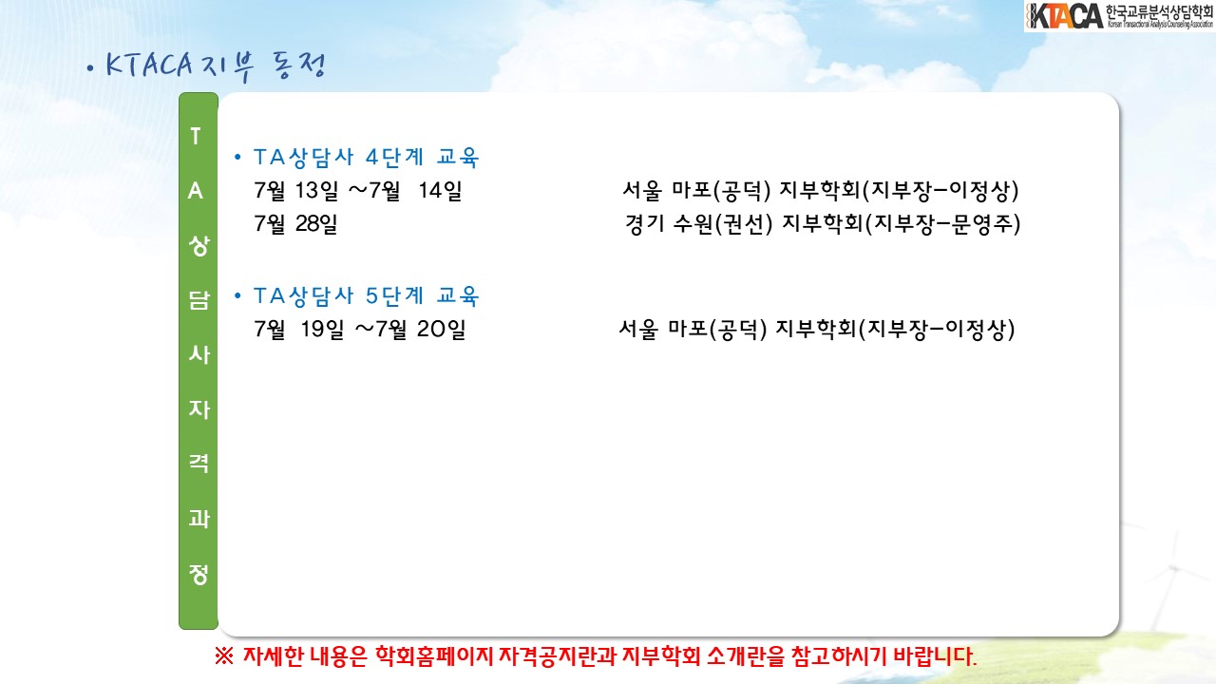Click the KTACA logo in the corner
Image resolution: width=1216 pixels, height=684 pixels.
1119,16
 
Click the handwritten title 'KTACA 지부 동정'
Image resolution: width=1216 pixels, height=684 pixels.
216,66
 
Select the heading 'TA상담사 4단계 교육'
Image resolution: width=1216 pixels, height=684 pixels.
366,158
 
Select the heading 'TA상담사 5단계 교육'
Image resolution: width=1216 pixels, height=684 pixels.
366,295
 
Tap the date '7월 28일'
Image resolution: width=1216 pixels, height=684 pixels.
295,223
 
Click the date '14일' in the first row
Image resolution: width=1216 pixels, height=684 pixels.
440,191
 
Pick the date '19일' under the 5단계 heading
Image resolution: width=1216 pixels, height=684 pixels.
322,329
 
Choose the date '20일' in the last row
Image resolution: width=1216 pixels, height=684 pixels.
442,329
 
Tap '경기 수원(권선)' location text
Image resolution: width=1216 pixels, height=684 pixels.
698,223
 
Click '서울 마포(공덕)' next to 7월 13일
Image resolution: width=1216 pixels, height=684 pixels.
697,190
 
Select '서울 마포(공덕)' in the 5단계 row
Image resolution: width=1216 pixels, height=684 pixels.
693,329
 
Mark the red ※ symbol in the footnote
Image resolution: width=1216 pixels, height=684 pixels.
223,656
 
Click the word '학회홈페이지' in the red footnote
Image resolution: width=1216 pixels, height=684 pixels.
434,656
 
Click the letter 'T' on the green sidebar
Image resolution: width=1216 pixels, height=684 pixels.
196,136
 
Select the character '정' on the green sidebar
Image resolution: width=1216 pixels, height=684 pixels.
199,574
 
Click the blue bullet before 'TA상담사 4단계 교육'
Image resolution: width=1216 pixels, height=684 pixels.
237,158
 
